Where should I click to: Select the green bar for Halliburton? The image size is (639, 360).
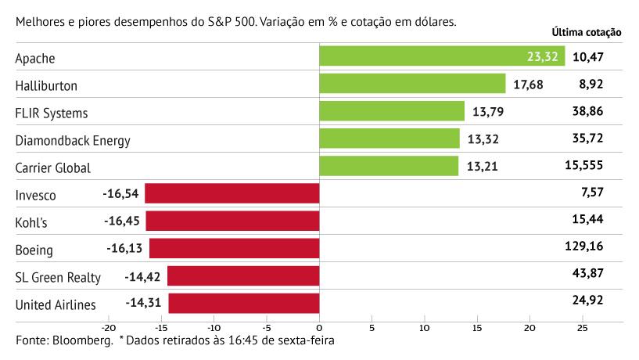(412, 84)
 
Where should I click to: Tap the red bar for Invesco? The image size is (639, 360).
(232, 193)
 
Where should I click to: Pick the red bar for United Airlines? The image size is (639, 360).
(244, 303)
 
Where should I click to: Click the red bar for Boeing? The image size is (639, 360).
(235, 248)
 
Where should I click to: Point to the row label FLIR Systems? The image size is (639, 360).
(52, 113)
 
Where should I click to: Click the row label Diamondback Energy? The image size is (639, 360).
(73, 140)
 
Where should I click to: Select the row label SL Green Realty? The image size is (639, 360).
(58, 277)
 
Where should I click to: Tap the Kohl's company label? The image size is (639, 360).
(31, 222)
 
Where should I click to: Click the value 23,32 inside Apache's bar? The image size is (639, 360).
(543, 56)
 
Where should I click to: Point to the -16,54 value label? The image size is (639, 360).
(120, 193)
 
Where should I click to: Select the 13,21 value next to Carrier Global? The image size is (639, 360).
(483, 167)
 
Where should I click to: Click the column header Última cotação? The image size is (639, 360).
(587, 33)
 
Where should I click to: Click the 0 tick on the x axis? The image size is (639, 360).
(319, 327)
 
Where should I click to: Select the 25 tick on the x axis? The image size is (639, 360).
(583, 327)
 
